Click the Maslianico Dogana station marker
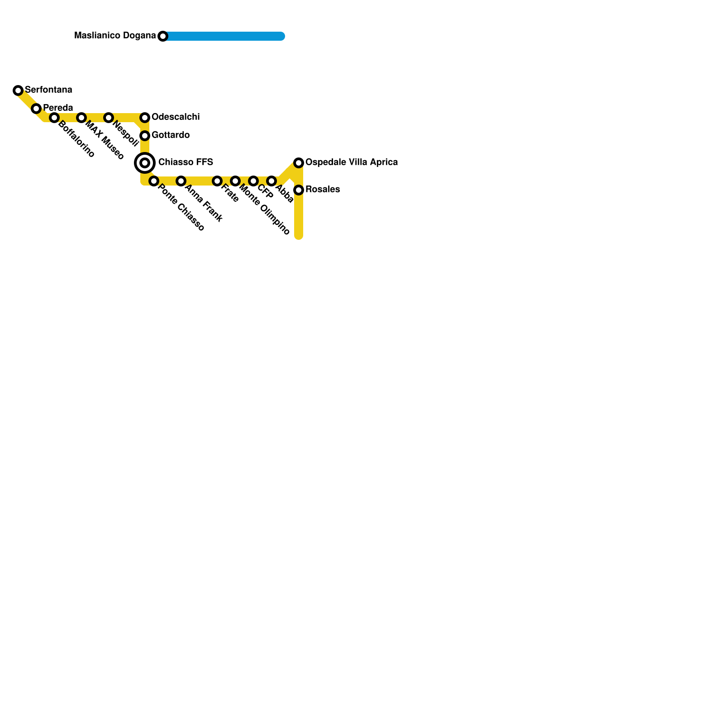click(x=163, y=36)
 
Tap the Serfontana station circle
click(x=18, y=90)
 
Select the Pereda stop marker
click(x=36, y=109)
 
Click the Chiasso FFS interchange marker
click(x=145, y=163)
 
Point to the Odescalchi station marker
click(x=145, y=118)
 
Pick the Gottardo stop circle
click(x=145, y=136)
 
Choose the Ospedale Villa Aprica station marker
click(x=299, y=163)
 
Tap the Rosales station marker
click(x=299, y=190)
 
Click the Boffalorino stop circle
click(x=54, y=118)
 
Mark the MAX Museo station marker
click(x=81, y=118)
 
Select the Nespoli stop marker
click(x=109, y=118)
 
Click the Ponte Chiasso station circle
click(x=154, y=181)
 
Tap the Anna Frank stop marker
click(x=181, y=181)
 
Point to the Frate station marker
click(x=217, y=181)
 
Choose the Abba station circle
click(x=271, y=181)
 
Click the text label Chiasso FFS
click(x=186, y=162)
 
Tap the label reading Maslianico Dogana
click(x=115, y=35)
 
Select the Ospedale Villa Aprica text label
click(x=352, y=162)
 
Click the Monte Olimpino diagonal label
click(x=264, y=209)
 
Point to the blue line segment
click(x=224, y=36)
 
